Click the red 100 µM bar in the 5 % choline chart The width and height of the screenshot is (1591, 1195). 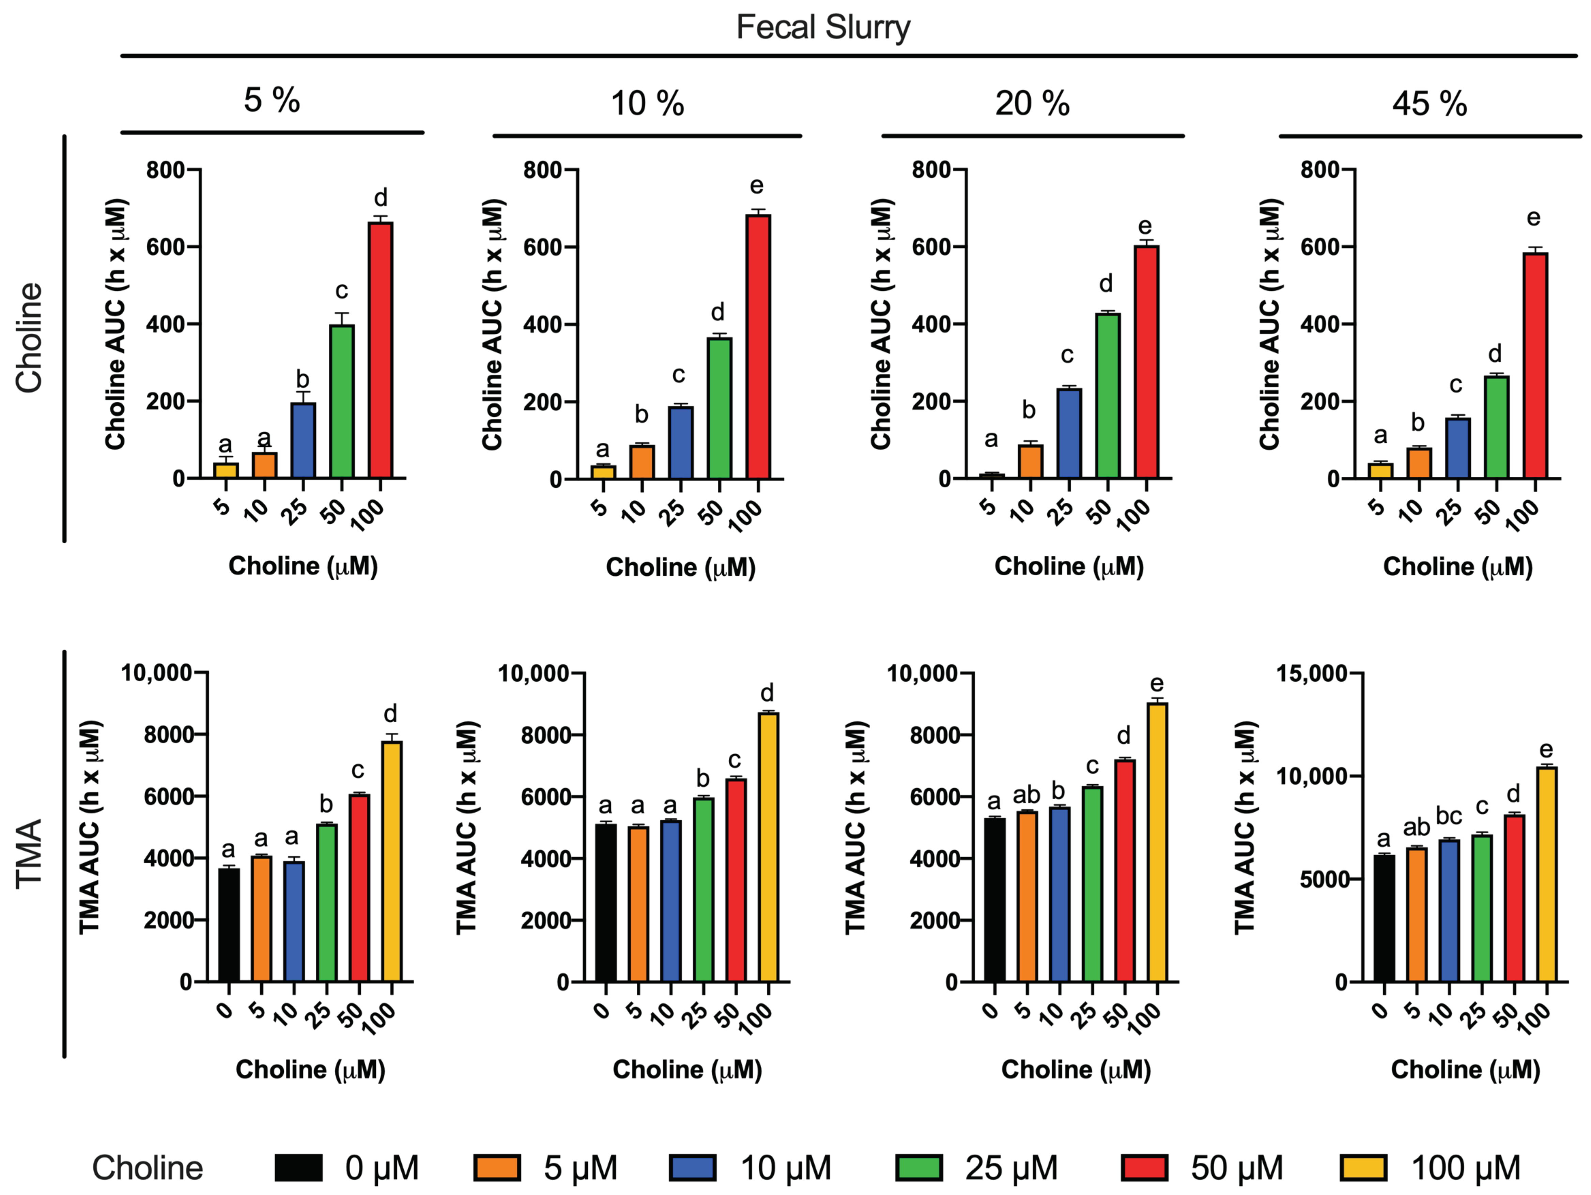381,350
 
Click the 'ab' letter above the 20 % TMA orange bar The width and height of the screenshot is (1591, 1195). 1026,795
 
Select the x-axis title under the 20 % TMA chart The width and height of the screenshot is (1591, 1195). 1076,1070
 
